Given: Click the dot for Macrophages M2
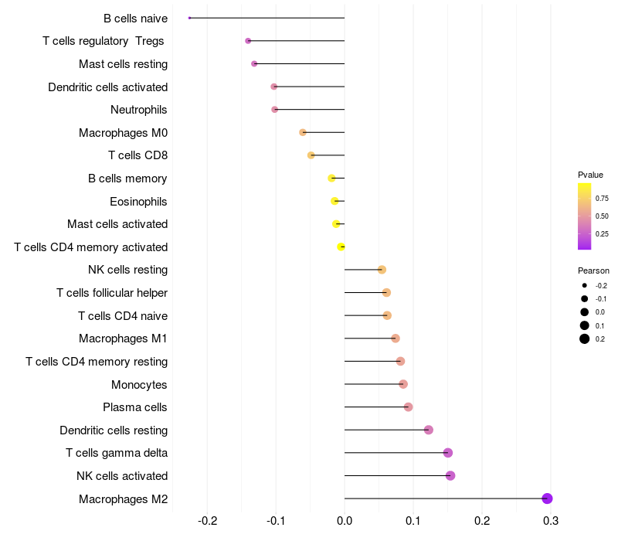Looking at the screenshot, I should pyautogui.click(x=548, y=498).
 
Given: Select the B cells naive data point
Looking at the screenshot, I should pyautogui.click(x=189, y=18).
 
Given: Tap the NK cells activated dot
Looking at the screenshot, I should pyautogui.click(x=450, y=475).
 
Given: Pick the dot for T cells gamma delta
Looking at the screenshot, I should pyautogui.click(x=448, y=453).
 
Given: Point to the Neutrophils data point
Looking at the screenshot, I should pyautogui.click(x=275, y=110).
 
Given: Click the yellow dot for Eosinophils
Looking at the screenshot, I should pyautogui.click(x=334, y=201).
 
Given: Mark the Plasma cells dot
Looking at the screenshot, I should pyautogui.click(x=409, y=407).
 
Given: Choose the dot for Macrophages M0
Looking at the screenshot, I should pyautogui.click(x=303, y=132).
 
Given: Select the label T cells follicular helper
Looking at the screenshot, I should pyautogui.click(x=112, y=293).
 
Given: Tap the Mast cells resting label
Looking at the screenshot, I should pyautogui.click(x=123, y=64).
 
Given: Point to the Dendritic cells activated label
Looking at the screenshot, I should pyautogui.click(x=107, y=87).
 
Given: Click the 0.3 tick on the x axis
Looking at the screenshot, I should pyautogui.click(x=551, y=521).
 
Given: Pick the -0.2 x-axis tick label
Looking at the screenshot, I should pyautogui.click(x=208, y=521).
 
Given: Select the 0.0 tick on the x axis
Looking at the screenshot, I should pyautogui.click(x=345, y=521).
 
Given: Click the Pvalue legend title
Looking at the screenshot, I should pyautogui.click(x=590, y=175).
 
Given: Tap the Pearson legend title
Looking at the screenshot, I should pyautogui.click(x=593, y=270).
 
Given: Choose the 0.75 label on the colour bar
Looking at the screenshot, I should pyautogui.click(x=602, y=199).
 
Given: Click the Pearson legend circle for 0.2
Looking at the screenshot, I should pyautogui.click(x=585, y=339).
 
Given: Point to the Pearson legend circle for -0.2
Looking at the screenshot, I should pyautogui.click(x=585, y=285).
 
